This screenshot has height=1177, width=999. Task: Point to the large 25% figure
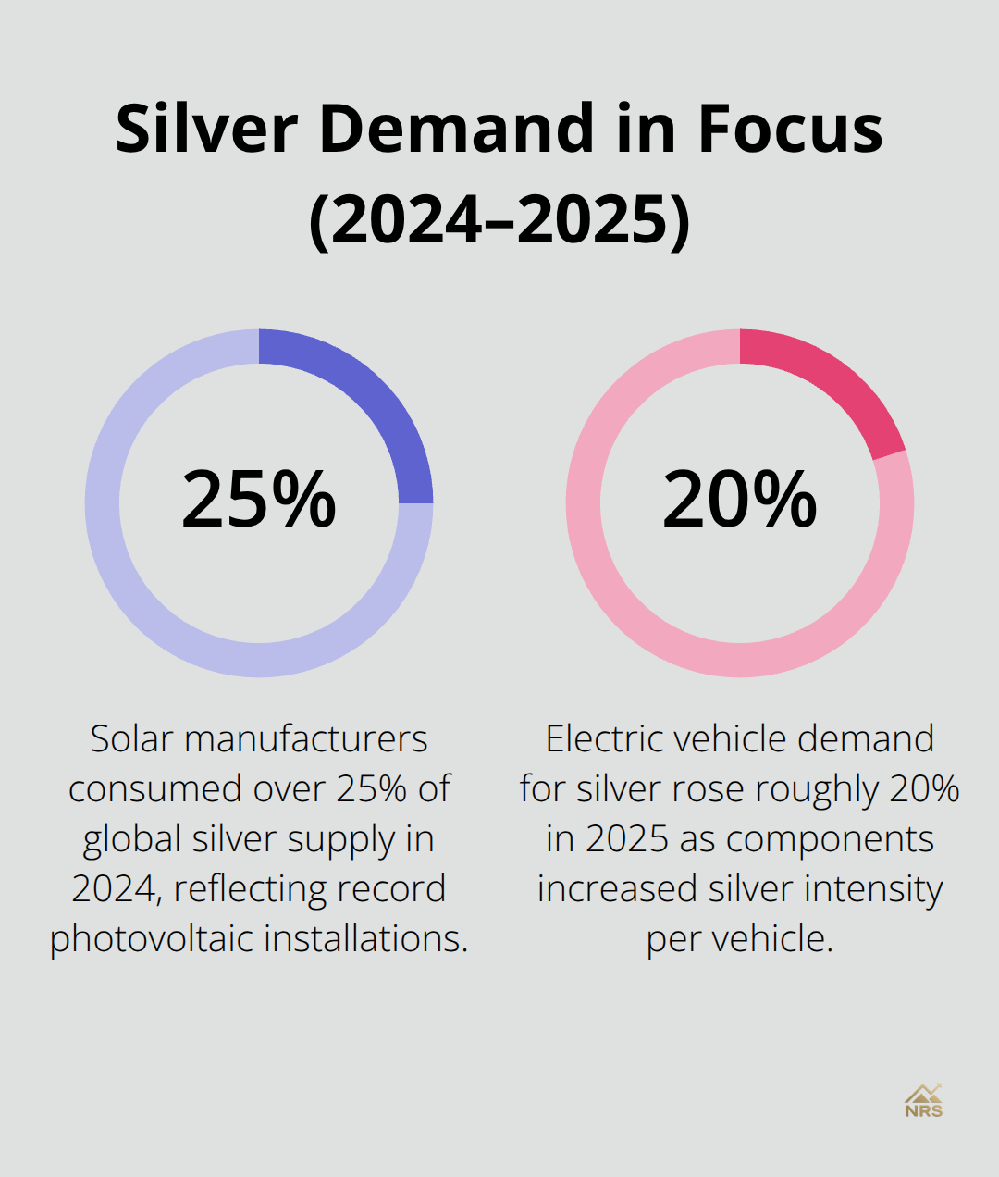click(259, 500)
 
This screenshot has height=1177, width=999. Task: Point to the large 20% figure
click(740, 500)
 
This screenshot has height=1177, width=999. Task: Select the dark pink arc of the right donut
click(832, 384)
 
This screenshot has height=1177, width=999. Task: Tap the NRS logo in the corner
click(923, 1101)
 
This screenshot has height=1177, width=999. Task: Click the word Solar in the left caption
click(132, 739)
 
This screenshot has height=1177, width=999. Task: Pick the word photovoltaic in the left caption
click(152, 939)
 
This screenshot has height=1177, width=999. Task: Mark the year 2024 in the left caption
click(116, 889)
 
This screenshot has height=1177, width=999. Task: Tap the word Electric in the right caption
click(604, 739)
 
